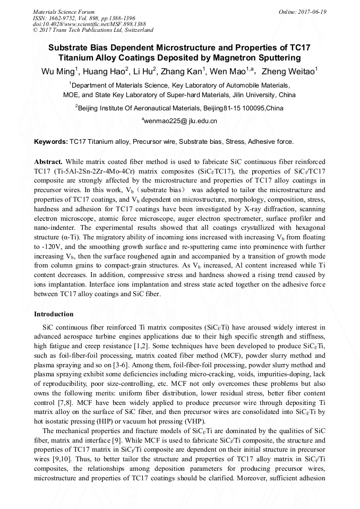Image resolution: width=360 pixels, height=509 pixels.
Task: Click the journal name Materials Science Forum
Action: pos(64,12)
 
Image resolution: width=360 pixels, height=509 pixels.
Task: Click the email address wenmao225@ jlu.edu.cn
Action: pos(180,121)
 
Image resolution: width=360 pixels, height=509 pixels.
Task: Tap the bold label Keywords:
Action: pos(51,142)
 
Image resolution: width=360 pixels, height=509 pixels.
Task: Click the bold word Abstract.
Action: pos(48,161)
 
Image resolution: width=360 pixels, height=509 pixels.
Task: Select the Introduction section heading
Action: pos(54,314)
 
